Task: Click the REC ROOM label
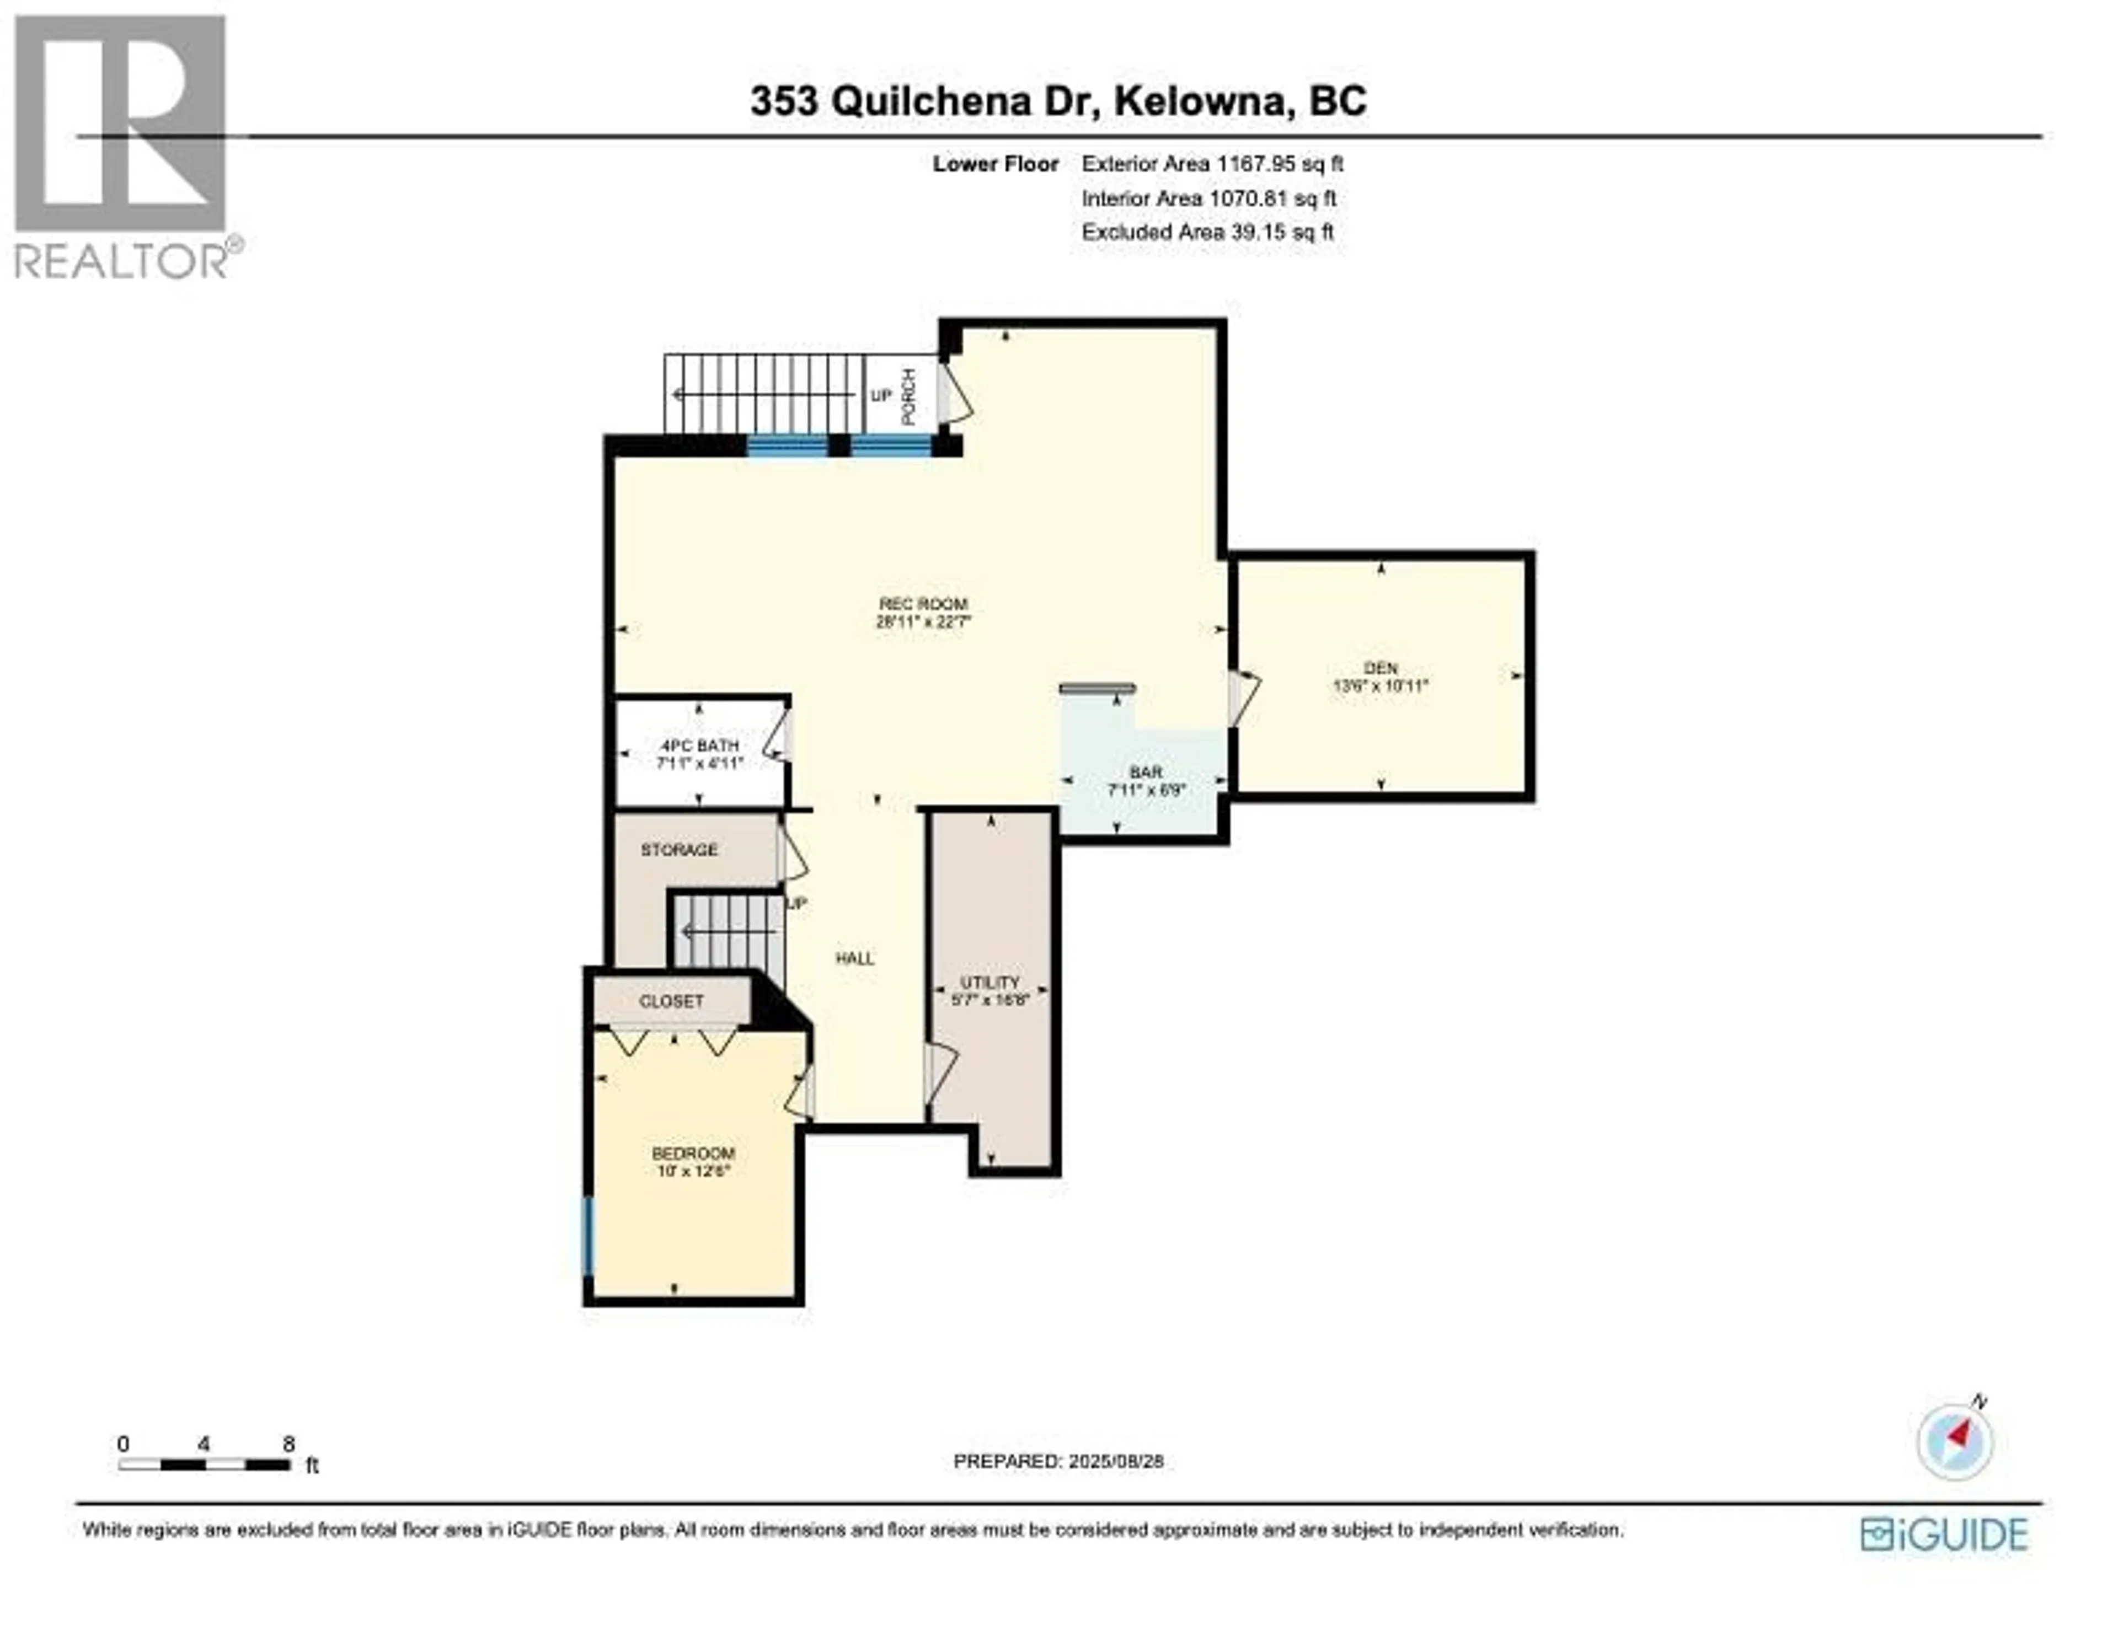click(x=922, y=604)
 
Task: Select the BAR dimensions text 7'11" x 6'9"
click(x=1146, y=790)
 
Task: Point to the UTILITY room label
click(x=990, y=983)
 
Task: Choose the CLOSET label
click(x=671, y=1001)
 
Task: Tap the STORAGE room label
click(x=679, y=850)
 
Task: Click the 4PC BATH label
click(x=699, y=745)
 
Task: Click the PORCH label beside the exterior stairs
click(x=908, y=396)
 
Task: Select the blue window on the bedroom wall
click(x=587, y=1236)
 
